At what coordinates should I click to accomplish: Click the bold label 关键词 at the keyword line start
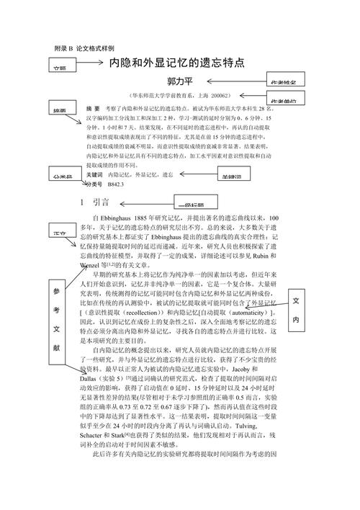[94, 175]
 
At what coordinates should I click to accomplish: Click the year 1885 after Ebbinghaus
[142, 217]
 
